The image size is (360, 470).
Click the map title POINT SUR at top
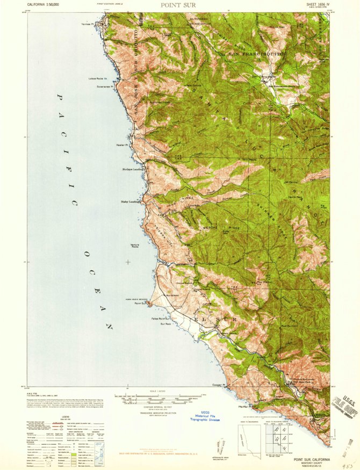click(179, 5)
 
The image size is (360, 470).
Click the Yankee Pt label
click(95, 24)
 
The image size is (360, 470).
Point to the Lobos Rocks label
click(98, 79)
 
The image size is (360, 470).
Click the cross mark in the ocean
click(127, 262)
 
